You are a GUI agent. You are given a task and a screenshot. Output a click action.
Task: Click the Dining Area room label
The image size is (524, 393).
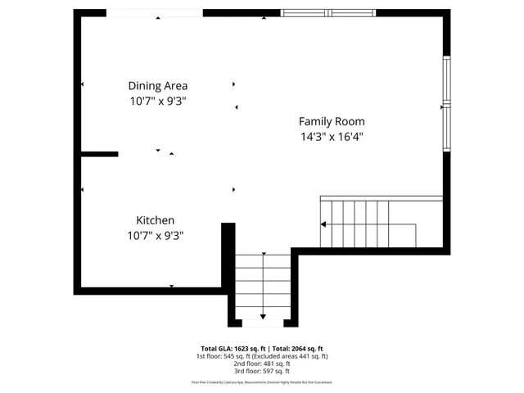(x=158, y=86)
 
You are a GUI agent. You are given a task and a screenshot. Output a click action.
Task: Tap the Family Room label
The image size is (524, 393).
(x=332, y=121)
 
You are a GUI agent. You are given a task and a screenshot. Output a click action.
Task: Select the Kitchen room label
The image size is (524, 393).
(x=155, y=220)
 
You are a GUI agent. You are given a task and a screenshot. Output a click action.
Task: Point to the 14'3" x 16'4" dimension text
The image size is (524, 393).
(x=332, y=137)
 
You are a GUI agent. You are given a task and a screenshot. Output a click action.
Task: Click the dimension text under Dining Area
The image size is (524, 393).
(x=158, y=102)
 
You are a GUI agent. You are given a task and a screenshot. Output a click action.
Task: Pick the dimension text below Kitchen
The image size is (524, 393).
(x=155, y=236)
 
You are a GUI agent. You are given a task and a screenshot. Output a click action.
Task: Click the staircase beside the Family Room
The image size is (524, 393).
(x=368, y=224)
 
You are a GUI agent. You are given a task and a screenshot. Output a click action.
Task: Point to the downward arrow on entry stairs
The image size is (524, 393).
(x=263, y=316)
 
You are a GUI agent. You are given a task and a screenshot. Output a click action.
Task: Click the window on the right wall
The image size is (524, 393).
(x=446, y=102)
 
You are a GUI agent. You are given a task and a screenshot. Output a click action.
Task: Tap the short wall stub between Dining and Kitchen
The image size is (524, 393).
(x=99, y=154)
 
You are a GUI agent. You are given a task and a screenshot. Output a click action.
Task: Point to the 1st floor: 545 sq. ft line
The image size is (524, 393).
(x=262, y=356)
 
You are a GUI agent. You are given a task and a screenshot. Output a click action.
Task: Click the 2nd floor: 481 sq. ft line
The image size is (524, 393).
(x=262, y=364)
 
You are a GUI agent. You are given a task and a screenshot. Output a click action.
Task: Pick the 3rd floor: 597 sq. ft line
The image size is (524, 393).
(x=262, y=373)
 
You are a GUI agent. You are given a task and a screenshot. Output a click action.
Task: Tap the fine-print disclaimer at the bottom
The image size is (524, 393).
(x=262, y=382)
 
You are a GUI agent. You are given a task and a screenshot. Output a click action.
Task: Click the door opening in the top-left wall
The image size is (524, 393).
(x=155, y=13)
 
